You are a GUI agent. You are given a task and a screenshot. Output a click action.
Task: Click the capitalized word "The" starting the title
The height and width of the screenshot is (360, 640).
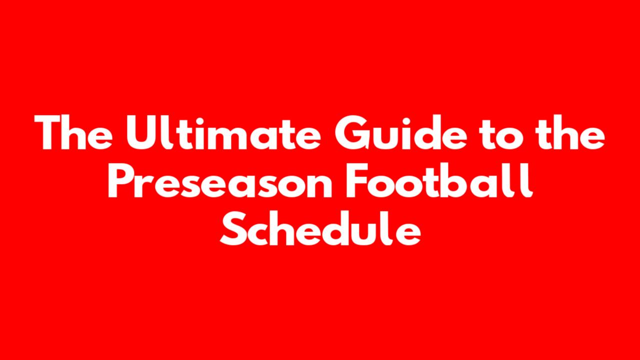[73, 132]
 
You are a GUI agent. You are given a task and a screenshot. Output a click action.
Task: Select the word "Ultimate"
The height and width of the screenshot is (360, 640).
[223, 132]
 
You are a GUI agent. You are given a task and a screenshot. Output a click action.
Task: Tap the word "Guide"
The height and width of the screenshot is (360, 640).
[400, 132]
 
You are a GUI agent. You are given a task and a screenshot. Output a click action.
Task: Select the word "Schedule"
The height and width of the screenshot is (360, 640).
[320, 228]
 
